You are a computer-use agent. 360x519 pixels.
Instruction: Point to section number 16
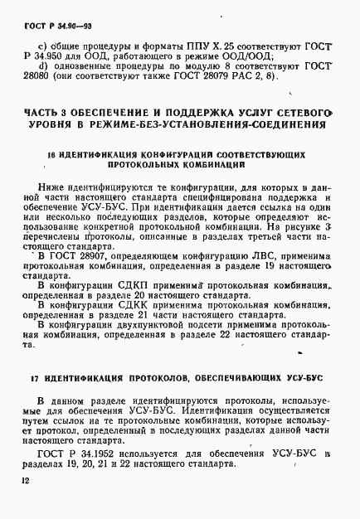(51, 155)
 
